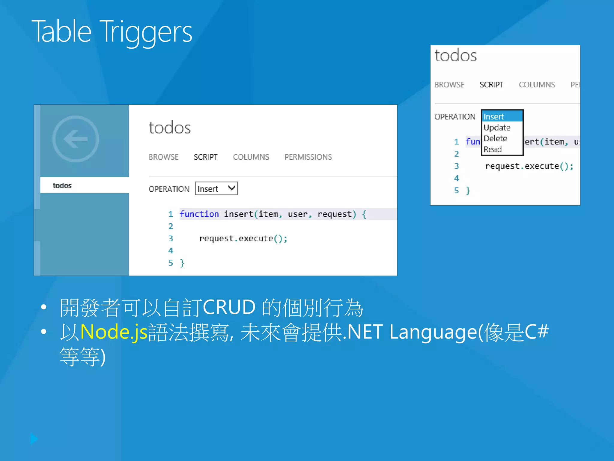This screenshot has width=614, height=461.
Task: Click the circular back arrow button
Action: coord(76,139)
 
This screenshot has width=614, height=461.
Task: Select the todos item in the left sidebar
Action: coord(62,185)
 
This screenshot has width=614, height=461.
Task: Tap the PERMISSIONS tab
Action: coord(308,157)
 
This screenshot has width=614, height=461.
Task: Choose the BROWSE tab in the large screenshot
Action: coord(163,157)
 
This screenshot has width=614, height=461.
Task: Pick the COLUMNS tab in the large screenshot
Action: coord(251,157)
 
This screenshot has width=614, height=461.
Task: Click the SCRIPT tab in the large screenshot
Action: coord(206,157)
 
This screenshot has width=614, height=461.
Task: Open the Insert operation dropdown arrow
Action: coord(231,188)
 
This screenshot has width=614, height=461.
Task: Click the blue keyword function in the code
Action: coord(199,214)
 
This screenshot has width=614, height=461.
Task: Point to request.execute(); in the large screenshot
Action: coord(243,239)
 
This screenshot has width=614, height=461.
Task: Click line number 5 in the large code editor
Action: coord(171,263)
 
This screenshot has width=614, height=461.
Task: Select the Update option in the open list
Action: coord(497,128)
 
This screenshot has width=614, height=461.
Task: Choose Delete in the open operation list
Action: coord(495,138)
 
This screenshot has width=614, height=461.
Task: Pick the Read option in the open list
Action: coord(493,149)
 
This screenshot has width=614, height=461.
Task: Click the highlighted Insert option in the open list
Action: coord(494,116)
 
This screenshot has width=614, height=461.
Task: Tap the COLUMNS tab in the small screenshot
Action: coord(537,85)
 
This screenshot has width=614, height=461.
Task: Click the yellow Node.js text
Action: coord(114,332)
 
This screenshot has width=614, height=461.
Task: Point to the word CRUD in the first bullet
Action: coord(229,307)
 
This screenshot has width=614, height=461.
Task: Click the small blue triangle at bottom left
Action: coord(34,439)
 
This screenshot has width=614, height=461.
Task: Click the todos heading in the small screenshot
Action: coord(455,56)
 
